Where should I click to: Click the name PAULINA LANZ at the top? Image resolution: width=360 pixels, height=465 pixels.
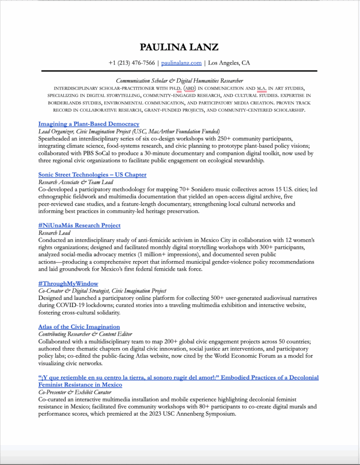click(x=179, y=47)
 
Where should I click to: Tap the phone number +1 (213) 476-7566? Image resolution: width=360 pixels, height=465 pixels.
click(x=132, y=63)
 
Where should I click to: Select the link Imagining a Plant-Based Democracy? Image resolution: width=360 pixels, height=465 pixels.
click(x=89, y=124)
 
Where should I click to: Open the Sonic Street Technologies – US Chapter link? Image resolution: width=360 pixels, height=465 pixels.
click(x=92, y=175)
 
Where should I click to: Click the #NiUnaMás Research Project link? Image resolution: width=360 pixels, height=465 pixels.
click(x=79, y=226)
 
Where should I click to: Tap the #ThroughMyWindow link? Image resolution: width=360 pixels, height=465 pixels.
click(x=68, y=284)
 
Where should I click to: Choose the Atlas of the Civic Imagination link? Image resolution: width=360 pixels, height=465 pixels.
click(x=79, y=327)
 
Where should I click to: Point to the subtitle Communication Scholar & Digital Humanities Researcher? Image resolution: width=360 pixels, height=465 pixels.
click(x=179, y=80)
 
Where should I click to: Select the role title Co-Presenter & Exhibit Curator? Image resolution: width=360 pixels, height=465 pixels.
click(x=74, y=392)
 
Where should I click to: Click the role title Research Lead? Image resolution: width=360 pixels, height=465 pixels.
click(x=54, y=232)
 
